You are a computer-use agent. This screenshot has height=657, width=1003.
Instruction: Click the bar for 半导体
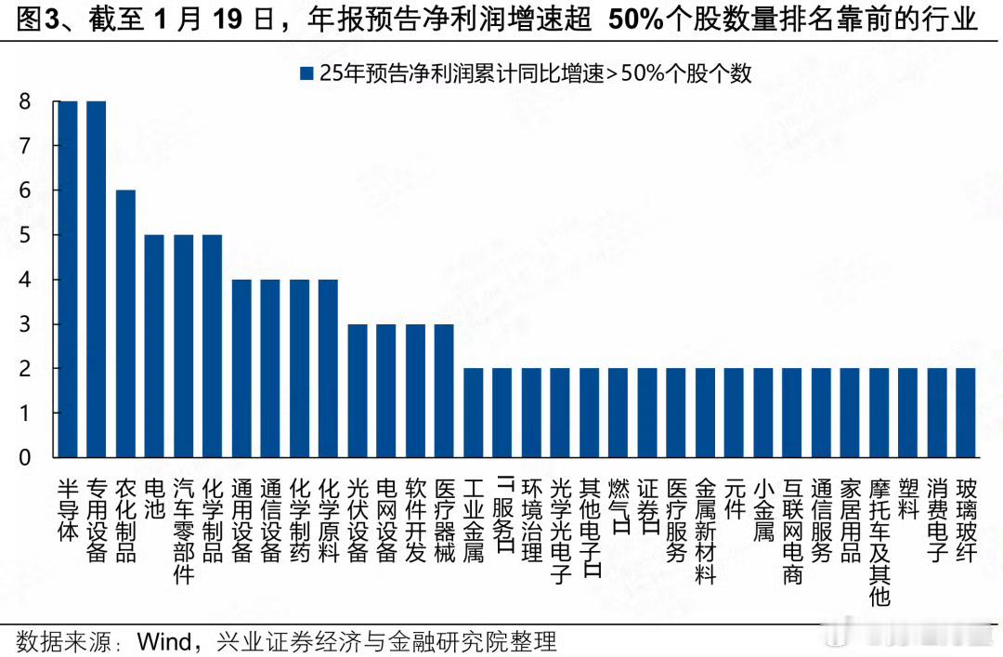tap(68, 279)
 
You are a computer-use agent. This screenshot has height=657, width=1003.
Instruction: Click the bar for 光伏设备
tap(358, 390)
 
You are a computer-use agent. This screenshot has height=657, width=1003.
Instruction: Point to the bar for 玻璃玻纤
tap(966, 413)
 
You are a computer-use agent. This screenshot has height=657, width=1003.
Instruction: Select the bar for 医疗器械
tap(444, 390)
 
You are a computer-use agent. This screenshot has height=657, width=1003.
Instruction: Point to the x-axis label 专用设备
tap(97, 520)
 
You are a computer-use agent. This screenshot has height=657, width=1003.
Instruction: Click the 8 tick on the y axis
tap(25, 101)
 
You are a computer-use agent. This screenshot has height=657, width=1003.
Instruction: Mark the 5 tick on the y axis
tap(25, 235)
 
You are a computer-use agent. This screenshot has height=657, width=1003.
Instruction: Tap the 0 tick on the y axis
tap(25, 457)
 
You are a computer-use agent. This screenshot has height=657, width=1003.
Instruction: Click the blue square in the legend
tap(306, 73)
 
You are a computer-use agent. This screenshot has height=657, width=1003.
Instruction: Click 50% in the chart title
tap(635, 20)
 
